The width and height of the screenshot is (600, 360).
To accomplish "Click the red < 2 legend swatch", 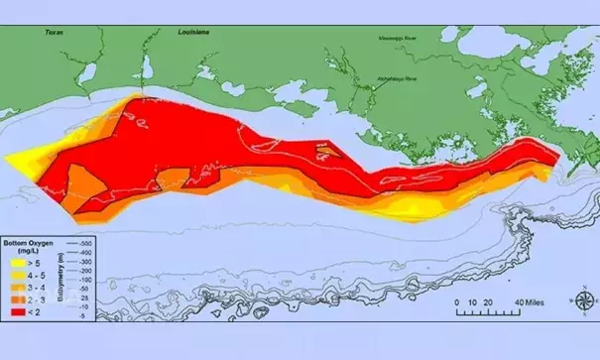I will (18, 311).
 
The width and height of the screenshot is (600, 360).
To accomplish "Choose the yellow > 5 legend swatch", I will (18, 263).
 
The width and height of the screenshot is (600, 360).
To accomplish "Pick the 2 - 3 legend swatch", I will (18, 300).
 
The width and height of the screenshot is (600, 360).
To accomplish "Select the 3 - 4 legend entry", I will (36, 288).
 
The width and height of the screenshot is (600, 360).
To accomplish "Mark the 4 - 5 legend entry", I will (36, 275).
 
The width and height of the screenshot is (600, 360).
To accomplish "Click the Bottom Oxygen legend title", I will (28, 242).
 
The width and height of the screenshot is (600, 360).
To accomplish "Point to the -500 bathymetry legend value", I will (85, 243).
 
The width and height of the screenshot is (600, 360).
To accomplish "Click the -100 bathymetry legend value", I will (85, 280).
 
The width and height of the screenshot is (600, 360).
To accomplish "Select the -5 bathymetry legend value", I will (83, 315).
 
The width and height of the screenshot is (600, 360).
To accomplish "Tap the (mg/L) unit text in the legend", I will (29, 251).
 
